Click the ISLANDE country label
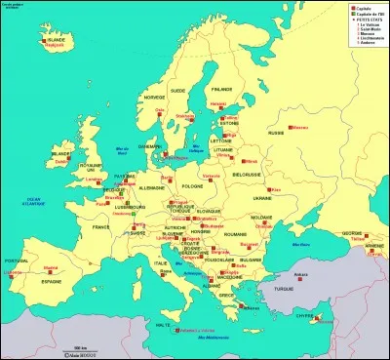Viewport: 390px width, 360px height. click(55, 37)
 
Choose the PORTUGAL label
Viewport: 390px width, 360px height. click(16, 260)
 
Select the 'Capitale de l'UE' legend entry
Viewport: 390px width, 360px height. click(367, 13)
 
